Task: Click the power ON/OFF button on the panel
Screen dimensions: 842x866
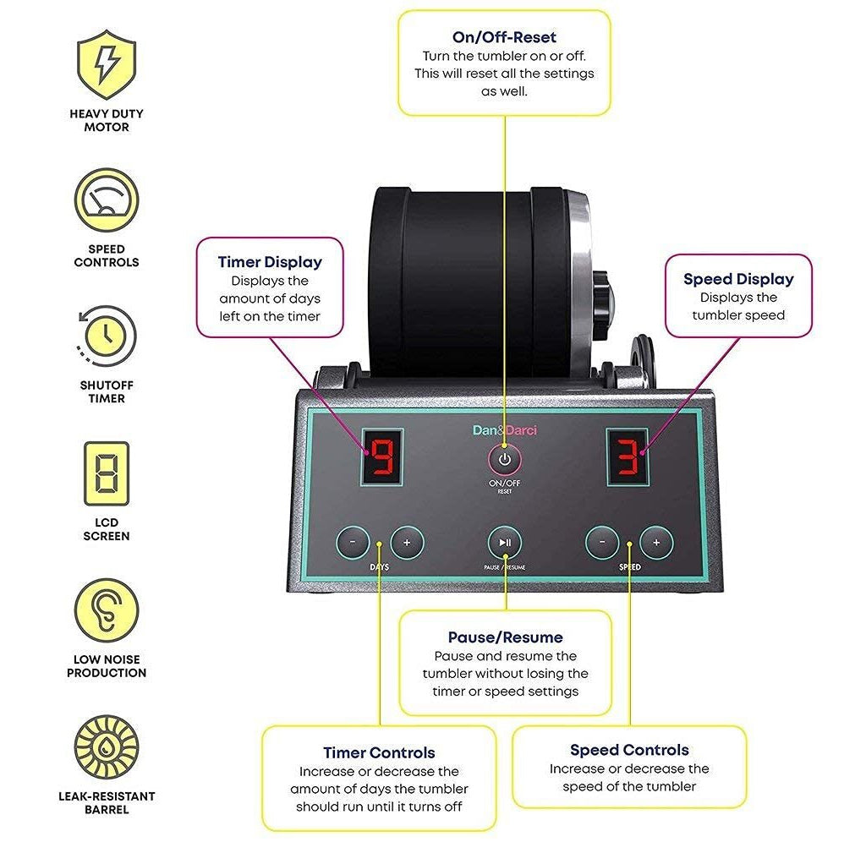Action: tap(505, 460)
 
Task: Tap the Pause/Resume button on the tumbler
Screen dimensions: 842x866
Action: tap(505, 542)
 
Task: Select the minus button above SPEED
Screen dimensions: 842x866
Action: tap(602, 542)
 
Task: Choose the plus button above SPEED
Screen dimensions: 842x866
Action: tap(656, 542)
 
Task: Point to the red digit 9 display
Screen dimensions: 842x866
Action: tap(383, 456)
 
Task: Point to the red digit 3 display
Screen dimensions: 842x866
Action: tap(627, 456)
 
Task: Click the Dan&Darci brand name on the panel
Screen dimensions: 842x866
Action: tap(504, 430)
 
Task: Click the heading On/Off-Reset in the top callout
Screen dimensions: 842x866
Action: tap(504, 37)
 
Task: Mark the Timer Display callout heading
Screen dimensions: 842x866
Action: tap(270, 262)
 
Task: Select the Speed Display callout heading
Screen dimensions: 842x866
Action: tap(738, 279)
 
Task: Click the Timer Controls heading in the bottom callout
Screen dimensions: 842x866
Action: tap(379, 752)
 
